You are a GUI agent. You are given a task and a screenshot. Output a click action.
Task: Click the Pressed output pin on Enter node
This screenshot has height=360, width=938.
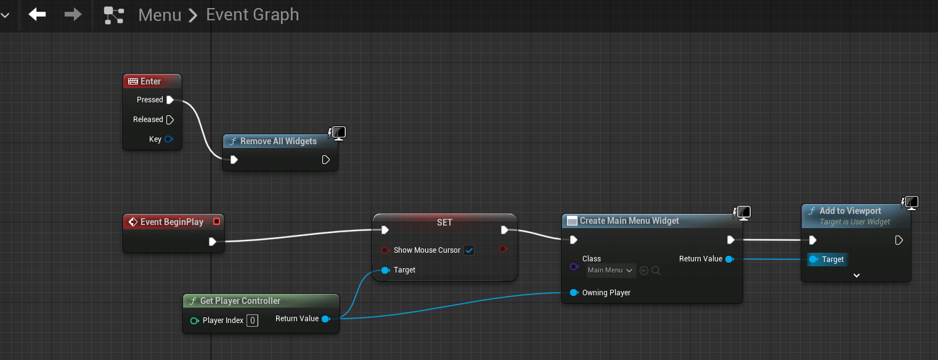click(x=170, y=100)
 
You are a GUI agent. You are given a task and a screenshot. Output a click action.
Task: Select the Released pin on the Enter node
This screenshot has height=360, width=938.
click(x=170, y=120)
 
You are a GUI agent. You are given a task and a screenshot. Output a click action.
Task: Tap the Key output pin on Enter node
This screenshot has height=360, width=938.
click(x=169, y=139)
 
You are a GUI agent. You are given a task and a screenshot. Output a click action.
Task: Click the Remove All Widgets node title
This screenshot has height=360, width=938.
click(x=279, y=142)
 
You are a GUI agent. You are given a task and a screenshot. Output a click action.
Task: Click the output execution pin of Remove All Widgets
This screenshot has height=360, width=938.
click(x=326, y=160)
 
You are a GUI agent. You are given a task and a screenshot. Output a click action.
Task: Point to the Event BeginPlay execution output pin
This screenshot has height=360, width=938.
click(x=212, y=242)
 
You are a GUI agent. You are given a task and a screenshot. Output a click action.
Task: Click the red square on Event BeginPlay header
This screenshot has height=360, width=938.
click(x=216, y=221)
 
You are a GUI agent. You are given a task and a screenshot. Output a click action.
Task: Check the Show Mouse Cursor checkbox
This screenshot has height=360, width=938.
click(x=469, y=250)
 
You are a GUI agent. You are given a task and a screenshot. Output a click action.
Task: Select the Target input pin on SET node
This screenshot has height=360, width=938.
click(x=385, y=270)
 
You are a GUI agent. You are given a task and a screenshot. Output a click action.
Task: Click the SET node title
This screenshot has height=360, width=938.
click(x=445, y=223)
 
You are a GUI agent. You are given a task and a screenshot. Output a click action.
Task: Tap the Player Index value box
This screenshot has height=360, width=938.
click(x=252, y=321)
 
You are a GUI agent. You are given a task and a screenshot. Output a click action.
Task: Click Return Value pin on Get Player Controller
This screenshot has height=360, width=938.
click(x=326, y=319)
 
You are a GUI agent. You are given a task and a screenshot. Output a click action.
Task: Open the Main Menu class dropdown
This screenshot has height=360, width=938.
click(x=611, y=271)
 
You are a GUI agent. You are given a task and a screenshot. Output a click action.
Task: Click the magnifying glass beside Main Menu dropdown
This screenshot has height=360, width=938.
click(x=656, y=271)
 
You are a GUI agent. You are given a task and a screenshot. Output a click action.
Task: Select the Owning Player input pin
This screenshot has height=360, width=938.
click(x=574, y=293)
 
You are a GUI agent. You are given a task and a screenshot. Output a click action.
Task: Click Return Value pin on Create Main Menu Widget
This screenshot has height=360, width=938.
click(x=730, y=259)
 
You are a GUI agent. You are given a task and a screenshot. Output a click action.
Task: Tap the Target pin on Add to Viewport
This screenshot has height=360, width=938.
click(x=814, y=260)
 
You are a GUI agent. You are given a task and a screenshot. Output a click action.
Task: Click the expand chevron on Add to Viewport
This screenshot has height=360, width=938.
click(x=857, y=276)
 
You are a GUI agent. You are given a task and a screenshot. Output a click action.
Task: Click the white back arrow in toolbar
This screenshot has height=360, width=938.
click(x=37, y=15)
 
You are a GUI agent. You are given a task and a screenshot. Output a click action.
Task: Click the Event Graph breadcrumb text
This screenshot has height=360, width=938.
click(x=253, y=15)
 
